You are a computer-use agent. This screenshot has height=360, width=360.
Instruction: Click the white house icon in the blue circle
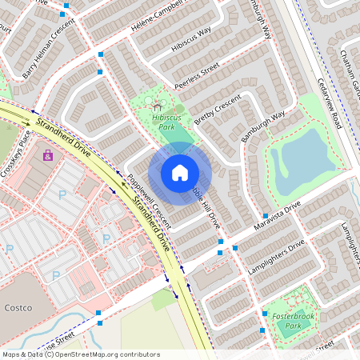(x=180, y=172)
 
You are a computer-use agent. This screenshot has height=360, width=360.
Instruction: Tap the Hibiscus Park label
(x=157, y=121)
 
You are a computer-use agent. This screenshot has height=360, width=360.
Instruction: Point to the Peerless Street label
(x=197, y=71)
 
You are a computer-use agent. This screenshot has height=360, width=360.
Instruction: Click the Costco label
(x=17, y=307)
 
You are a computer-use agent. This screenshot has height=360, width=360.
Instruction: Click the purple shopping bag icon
(x=48, y=154)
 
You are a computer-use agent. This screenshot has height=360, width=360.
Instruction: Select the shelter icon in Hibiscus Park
(x=157, y=105)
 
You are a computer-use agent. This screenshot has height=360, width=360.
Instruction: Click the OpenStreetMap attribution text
(x=80, y=354)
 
